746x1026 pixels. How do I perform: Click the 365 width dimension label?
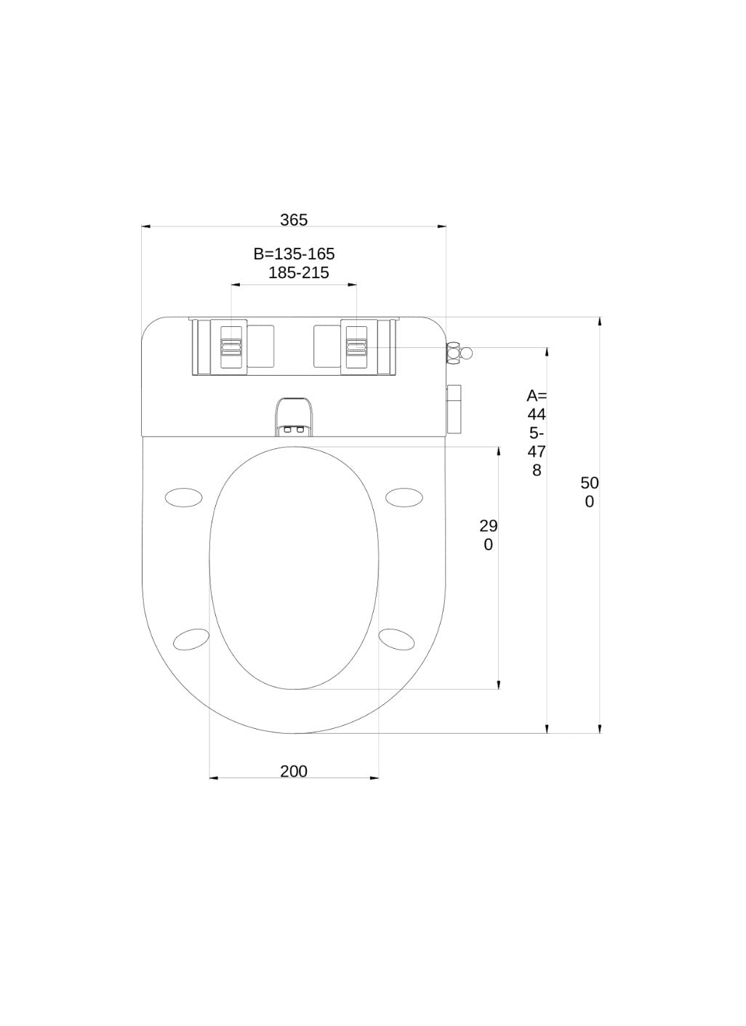(294, 220)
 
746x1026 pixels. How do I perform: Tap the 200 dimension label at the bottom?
(294, 772)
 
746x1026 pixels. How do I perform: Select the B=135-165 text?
(294, 254)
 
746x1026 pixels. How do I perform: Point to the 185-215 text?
(299, 273)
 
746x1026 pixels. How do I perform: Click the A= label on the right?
(537, 395)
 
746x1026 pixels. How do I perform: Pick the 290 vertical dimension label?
(489, 535)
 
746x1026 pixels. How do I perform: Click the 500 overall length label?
(590, 493)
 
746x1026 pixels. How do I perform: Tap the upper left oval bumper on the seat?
(184, 497)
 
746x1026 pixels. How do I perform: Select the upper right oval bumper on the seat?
(404, 497)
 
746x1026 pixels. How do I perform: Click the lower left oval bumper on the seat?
(191, 639)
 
